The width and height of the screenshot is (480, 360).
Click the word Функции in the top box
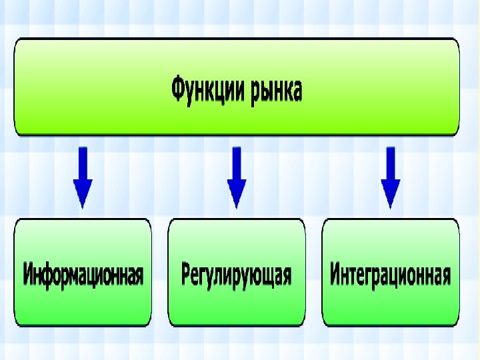[x=207, y=89]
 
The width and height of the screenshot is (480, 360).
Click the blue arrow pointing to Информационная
[x=83, y=175]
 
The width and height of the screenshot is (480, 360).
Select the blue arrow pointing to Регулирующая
[x=237, y=175]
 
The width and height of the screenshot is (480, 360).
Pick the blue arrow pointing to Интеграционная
[x=391, y=175]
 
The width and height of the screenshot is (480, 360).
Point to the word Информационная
[x=83, y=274]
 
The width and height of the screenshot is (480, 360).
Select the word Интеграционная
[x=391, y=274]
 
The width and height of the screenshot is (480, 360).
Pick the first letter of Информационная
[x=29, y=274]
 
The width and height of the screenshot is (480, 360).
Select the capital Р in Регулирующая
[x=186, y=274]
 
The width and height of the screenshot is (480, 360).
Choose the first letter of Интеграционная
[x=335, y=274]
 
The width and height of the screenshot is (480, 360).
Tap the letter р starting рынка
[x=256, y=91]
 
